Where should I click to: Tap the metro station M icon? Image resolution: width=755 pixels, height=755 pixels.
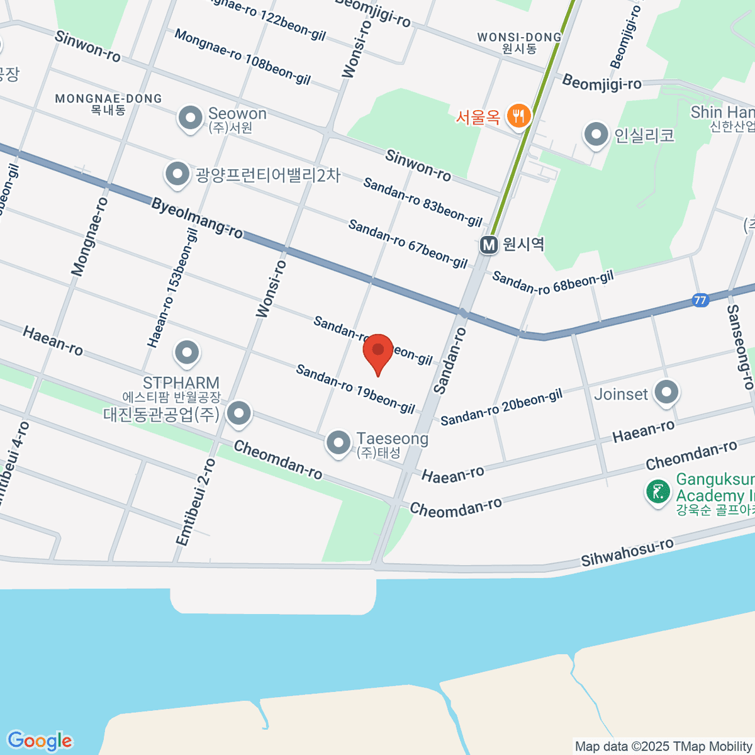pyautogui.click(x=489, y=245)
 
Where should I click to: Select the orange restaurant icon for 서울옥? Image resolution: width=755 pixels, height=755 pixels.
pyautogui.click(x=518, y=116)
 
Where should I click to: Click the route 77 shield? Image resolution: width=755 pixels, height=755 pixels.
pyautogui.click(x=700, y=300)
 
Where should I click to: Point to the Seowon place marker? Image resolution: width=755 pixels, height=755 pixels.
pyautogui.click(x=189, y=118)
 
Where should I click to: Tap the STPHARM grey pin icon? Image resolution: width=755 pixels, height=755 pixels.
pyautogui.click(x=187, y=354)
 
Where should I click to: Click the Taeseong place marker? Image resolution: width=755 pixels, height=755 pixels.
pyautogui.click(x=338, y=442)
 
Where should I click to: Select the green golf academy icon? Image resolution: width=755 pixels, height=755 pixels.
pyautogui.click(x=658, y=491)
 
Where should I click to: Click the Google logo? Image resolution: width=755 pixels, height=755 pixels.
pyautogui.click(x=40, y=741)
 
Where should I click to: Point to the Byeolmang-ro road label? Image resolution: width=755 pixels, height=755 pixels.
pyautogui.click(x=197, y=218)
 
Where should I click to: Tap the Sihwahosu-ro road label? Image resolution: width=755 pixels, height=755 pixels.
pyautogui.click(x=627, y=552)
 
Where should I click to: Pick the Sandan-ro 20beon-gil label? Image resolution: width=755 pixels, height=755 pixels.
pyautogui.click(x=501, y=407)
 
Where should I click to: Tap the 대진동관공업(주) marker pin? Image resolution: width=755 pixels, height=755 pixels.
pyautogui.click(x=239, y=414)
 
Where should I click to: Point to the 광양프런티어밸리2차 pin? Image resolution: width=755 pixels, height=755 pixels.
pyautogui.click(x=177, y=175)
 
